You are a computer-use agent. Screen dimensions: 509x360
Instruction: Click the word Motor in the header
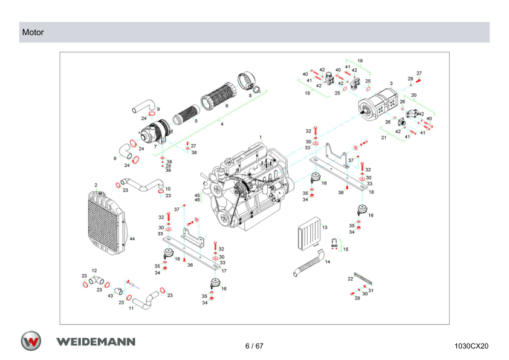point(33,33)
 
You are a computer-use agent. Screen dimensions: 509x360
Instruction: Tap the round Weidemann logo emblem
point(31,341)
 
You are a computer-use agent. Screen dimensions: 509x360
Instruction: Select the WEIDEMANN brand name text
point(96,342)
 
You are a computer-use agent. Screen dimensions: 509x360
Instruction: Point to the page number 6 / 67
point(254,346)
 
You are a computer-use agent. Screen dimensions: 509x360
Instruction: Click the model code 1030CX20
point(471,346)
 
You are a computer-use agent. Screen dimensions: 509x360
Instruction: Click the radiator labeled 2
point(106,223)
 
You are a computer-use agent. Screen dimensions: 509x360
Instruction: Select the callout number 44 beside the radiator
point(132,239)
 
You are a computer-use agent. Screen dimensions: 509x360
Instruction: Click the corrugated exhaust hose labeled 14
point(309,263)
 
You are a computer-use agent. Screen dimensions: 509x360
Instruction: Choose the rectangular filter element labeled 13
point(309,234)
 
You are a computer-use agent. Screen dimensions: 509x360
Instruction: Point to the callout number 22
point(350,279)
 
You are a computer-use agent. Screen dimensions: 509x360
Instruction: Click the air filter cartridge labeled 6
point(218,95)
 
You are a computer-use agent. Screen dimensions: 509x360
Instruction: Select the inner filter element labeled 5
point(186,115)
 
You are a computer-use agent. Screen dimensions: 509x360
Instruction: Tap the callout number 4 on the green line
point(222,124)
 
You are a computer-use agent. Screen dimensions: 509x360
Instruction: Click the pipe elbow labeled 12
point(96,280)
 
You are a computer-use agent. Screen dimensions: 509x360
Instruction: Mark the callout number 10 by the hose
point(168,189)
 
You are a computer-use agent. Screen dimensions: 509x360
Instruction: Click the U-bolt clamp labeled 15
point(335,243)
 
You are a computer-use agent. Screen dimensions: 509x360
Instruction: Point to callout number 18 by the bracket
point(371,192)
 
